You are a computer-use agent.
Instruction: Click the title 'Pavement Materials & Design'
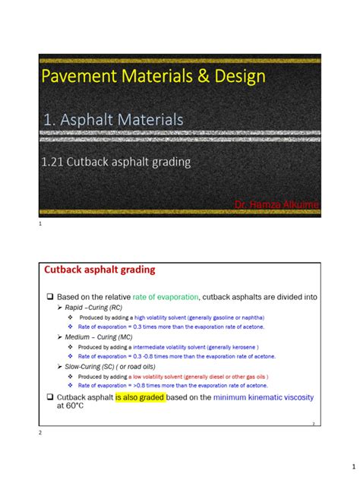153,76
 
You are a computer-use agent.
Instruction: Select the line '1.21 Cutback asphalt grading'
126,161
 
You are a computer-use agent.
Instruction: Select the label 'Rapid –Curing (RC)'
88,307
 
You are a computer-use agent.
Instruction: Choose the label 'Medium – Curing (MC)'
93,336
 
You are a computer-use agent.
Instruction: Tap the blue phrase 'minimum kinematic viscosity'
263,397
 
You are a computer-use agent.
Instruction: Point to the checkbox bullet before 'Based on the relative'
49,296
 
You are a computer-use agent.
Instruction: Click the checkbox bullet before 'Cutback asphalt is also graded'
49,397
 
